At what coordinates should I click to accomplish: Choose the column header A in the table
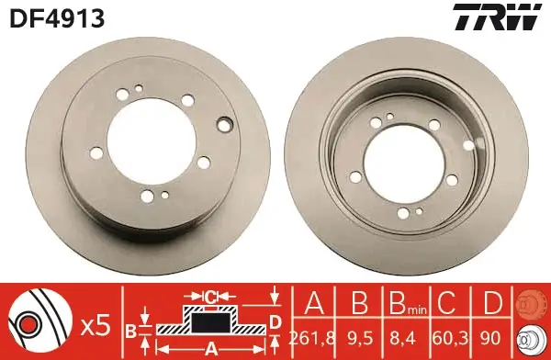313,303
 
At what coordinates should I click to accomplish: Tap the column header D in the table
492,303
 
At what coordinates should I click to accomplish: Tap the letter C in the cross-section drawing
210,296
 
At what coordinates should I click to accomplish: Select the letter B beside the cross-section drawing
131,329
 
